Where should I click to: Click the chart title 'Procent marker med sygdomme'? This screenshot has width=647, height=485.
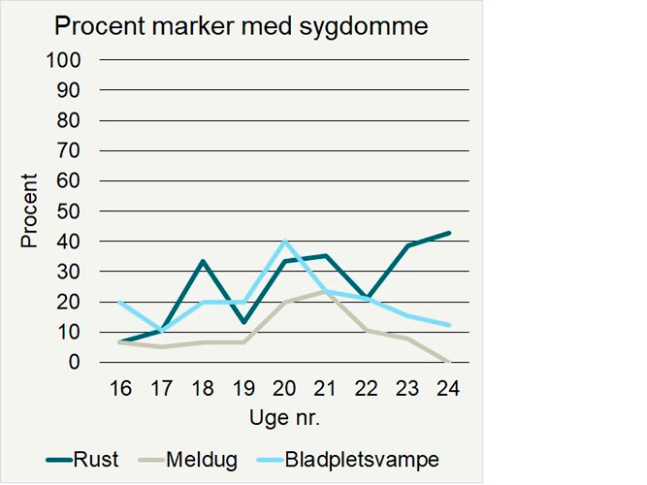click(241, 26)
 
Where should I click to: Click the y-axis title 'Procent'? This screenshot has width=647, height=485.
click(30, 210)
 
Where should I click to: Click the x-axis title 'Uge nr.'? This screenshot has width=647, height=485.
click(285, 418)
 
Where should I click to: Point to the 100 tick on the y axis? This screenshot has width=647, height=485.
click(69, 60)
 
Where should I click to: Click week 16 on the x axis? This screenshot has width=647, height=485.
click(119, 388)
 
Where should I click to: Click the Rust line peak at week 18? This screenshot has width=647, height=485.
click(202, 261)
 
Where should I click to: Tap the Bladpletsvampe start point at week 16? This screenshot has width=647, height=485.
click(119, 302)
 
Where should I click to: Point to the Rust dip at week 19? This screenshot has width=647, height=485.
click(243, 322)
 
